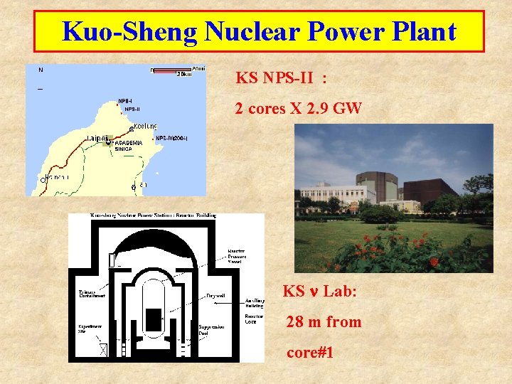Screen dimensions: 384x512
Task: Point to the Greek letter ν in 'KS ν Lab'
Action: [x=314, y=292]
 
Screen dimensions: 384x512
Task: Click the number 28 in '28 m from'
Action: [x=294, y=322]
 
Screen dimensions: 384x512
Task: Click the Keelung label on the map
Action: [x=145, y=127]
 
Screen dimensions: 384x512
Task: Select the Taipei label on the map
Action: [x=97, y=138]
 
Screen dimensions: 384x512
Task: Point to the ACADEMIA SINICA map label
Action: [x=129, y=146]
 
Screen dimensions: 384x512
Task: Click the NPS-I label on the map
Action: [x=125, y=100]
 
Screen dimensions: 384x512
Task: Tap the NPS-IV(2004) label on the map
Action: [x=171, y=138]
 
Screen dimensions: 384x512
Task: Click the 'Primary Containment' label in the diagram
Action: [x=90, y=292]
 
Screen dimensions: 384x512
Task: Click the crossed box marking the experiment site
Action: [x=103, y=349]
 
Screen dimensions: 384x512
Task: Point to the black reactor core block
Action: [x=153, y=319]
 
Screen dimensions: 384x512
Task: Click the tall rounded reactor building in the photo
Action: [x=377, y=187]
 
